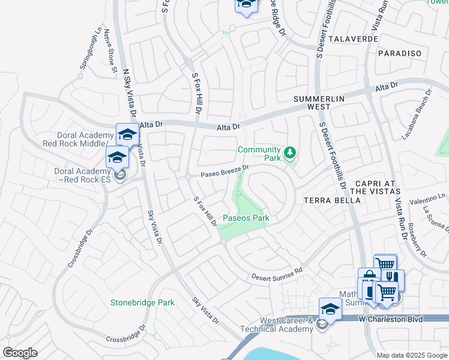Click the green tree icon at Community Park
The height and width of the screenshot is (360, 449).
[291, 153]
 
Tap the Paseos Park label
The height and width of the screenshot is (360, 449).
[246, 218]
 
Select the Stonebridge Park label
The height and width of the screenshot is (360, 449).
[142, 303]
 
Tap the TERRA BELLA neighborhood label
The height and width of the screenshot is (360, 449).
[330, 200]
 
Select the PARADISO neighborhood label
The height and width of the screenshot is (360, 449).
[400, 53]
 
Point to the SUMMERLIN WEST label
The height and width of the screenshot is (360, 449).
[312, 102]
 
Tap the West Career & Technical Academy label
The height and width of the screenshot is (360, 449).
[277, 325]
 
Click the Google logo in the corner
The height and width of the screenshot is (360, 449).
[20, 353]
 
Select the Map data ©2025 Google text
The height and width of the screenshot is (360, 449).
[412, 355]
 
